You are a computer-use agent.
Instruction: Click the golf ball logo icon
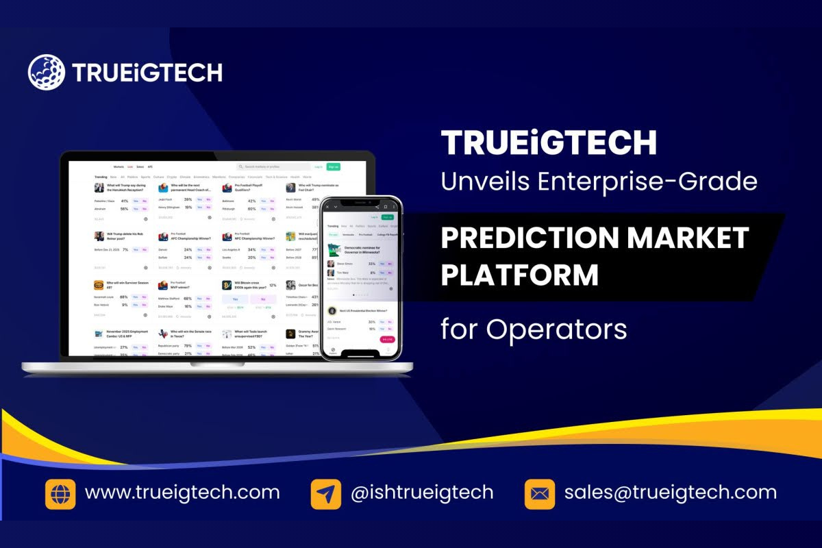46,73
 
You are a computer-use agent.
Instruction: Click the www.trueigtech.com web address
182,493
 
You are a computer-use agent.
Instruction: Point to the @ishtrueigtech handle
422,493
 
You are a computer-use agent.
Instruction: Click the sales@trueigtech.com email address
671,493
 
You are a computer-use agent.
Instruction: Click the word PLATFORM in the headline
519,275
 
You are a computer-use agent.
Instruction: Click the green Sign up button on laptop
334,166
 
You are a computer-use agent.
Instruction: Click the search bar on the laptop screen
273,166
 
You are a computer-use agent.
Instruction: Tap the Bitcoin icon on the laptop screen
227,285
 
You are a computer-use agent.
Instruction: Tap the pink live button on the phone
387,339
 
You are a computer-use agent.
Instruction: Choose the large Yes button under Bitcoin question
235,299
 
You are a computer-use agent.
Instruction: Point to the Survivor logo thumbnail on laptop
99,285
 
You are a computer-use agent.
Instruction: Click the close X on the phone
327,206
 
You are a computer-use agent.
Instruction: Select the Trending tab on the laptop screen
100,177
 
